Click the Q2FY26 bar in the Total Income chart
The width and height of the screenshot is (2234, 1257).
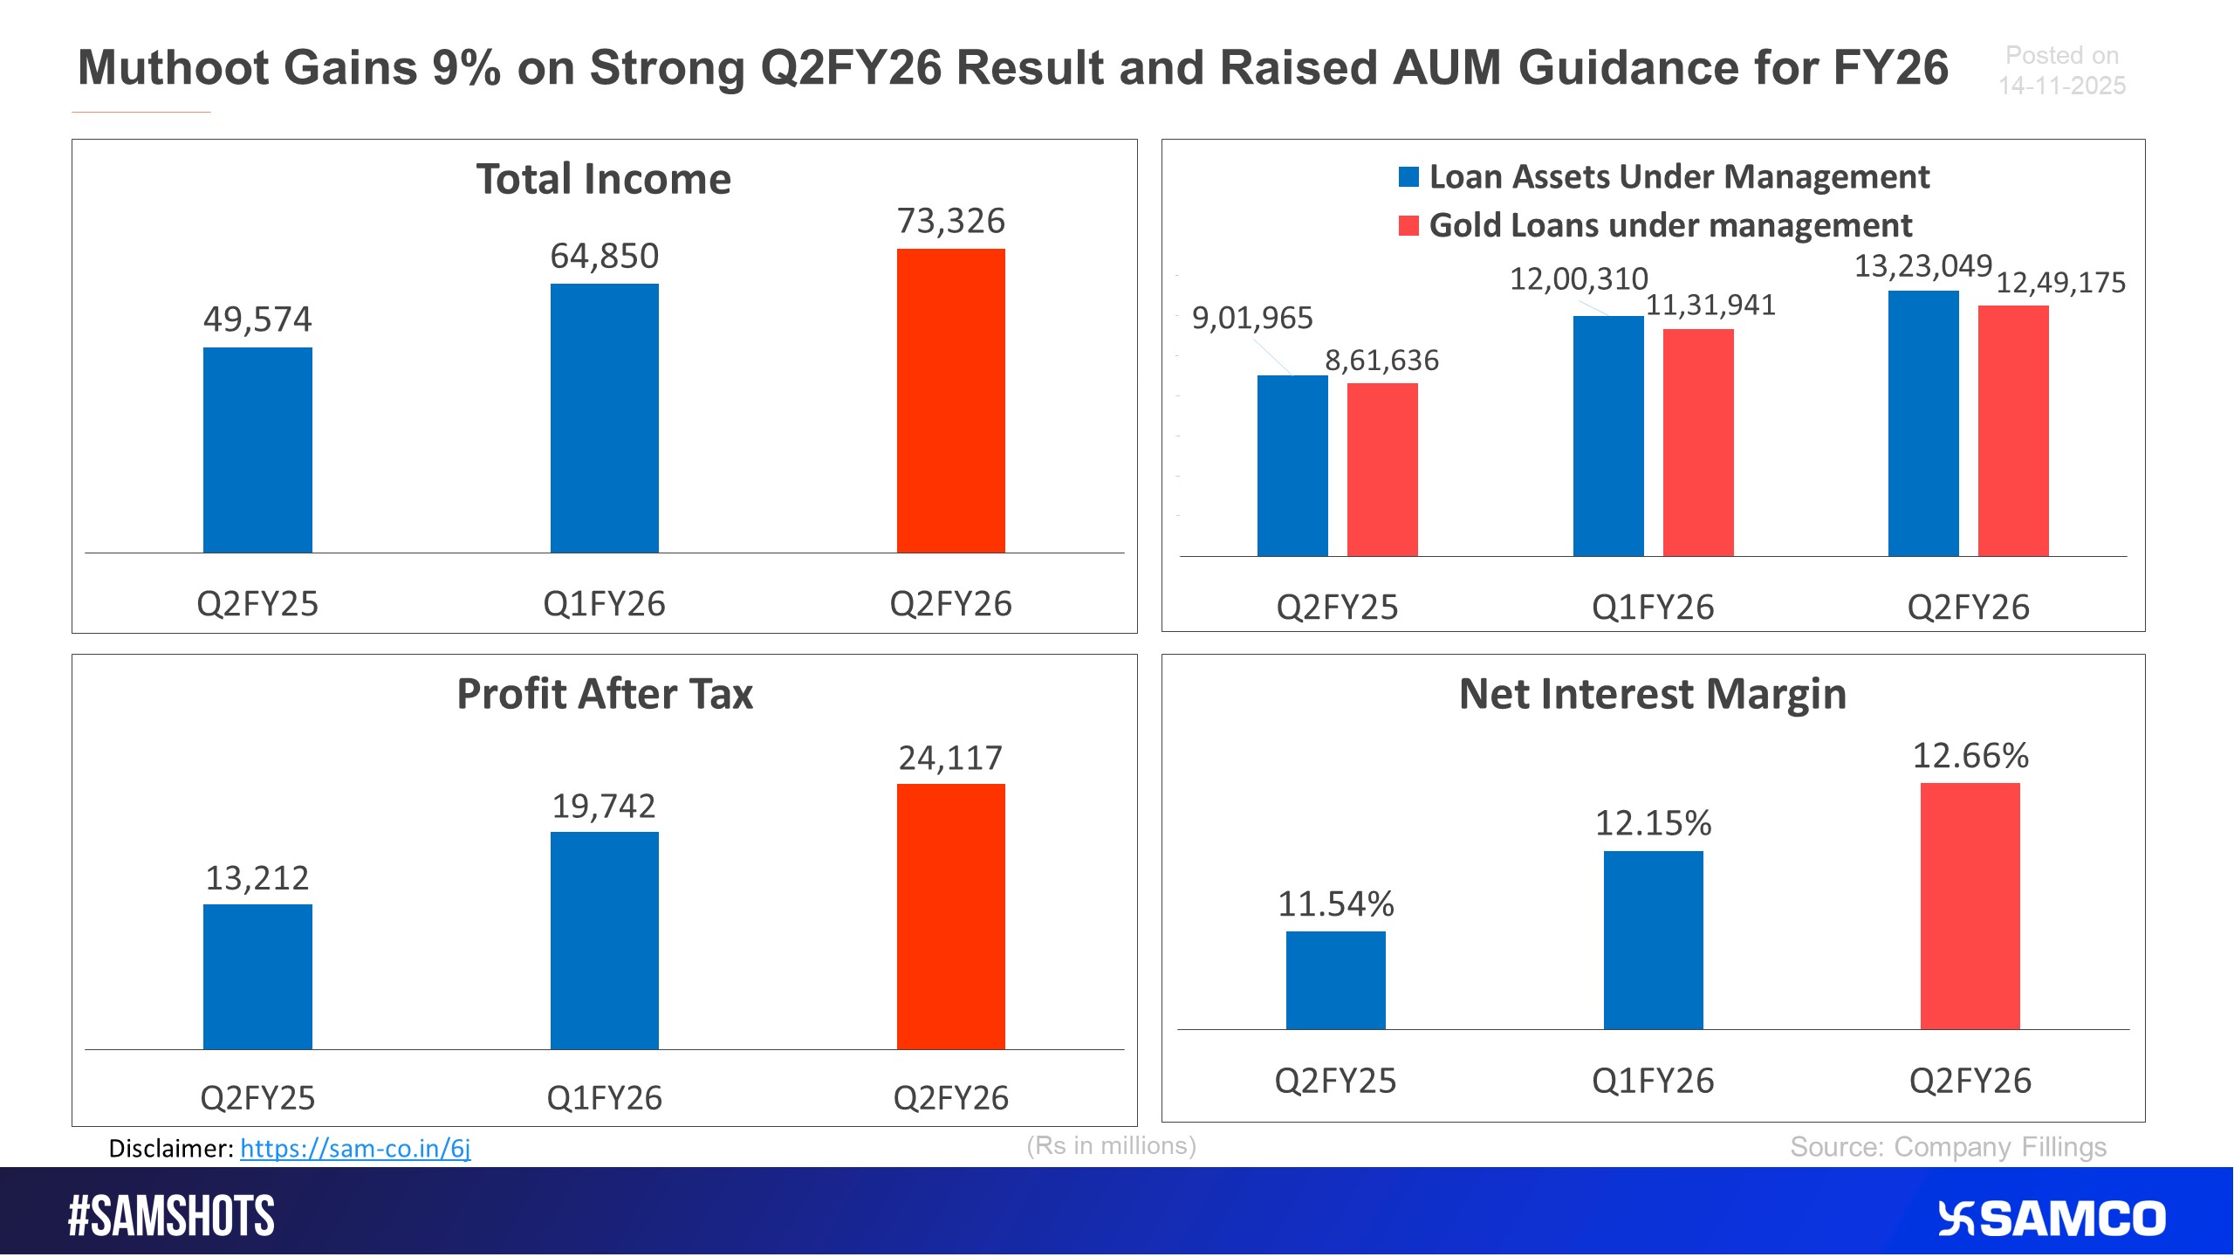(950, 401)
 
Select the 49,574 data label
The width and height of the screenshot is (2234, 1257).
(257, 319)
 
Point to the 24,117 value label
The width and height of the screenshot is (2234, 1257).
(950, 758)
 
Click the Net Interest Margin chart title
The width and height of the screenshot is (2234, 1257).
(1652, 695)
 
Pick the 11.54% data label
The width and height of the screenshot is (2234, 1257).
(1335, 903)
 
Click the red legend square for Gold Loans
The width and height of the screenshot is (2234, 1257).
(1408, 225)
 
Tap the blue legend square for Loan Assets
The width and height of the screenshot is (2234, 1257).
(1408, 177)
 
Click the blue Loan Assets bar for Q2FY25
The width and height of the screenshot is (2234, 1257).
(1292, 465)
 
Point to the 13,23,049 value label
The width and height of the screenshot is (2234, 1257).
(1922, 265)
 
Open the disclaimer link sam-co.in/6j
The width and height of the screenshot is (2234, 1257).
(355, 1148)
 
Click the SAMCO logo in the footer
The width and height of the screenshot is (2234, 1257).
(2052, 1219)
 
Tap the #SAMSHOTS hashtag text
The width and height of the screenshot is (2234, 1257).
(171, 1216)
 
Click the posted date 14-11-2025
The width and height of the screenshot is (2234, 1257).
(2061, 86)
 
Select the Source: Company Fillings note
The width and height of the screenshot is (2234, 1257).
(1948, 1147)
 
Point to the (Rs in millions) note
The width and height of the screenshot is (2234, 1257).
(1111, 1145)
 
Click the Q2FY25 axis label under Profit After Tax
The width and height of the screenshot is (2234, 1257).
(257, 1097)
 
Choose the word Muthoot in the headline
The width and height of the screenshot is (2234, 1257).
(173, 68)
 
